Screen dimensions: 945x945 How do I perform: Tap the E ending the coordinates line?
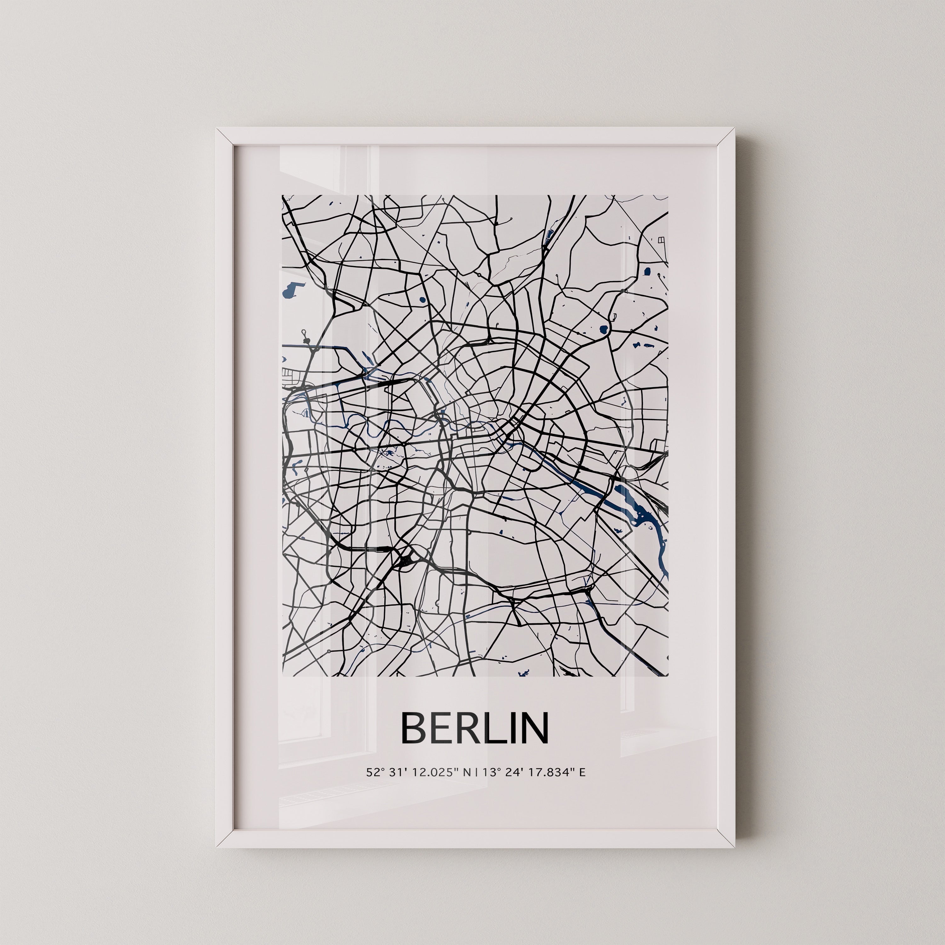pos(582,773)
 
